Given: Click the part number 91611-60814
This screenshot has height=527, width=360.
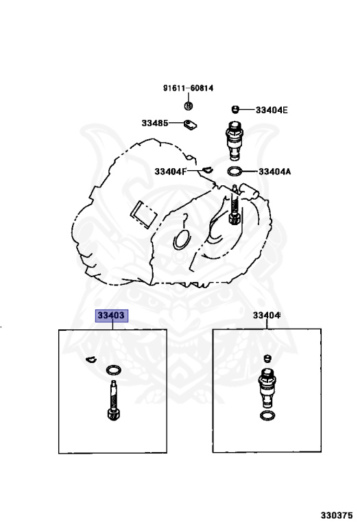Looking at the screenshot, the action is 188,88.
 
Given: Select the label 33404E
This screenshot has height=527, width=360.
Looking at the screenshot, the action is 272,110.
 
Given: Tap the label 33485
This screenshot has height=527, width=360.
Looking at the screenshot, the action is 155,123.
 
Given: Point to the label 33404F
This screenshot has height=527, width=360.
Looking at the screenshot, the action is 170,172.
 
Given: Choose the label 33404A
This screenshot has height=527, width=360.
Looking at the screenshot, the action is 275,172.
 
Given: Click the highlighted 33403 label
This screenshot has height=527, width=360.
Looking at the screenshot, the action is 112,316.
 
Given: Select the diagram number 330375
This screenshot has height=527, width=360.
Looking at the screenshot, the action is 337,515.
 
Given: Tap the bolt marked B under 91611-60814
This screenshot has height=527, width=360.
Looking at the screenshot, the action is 189,106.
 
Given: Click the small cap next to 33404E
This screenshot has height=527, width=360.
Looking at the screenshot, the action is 235,109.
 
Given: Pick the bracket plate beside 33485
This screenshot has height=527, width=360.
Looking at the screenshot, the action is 190,125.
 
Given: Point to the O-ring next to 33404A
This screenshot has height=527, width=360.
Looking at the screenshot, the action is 235,172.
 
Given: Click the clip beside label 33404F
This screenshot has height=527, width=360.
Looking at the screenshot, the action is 208,169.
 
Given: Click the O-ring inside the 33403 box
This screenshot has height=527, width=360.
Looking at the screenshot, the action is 114,370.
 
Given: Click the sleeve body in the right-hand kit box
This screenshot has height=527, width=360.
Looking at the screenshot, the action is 267,388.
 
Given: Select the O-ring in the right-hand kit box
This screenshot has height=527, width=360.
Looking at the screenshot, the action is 267,416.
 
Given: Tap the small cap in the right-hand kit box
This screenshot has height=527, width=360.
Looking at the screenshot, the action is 267,358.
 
